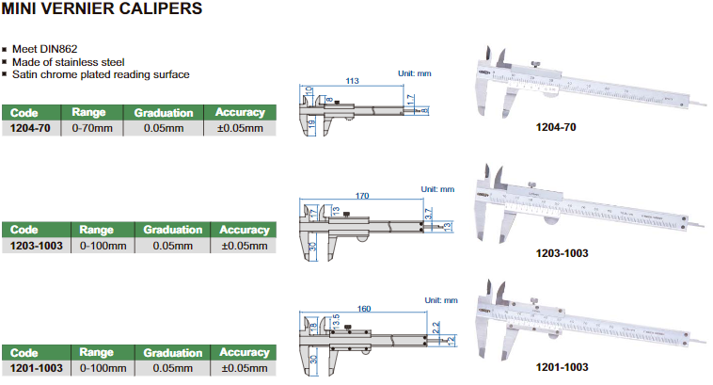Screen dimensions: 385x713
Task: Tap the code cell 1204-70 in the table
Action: (34, 128)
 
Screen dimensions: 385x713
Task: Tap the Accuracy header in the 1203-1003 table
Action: (244, 230)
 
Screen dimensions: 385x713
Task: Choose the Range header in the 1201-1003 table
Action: (97, 352)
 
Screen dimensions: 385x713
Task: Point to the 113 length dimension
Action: (354, 81)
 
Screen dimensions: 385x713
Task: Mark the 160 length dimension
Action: (363, 308)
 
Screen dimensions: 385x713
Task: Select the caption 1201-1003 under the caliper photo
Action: (561, 366)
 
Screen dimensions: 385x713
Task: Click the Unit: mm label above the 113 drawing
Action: (414, 72)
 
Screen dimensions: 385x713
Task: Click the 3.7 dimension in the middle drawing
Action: (430, 215)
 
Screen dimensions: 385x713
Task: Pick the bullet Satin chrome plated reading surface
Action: (101, 74)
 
